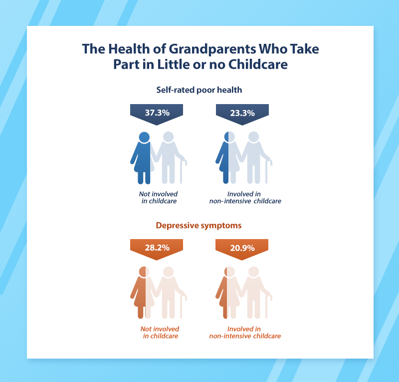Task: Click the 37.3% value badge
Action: (157, 114)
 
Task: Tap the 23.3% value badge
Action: (242, 114)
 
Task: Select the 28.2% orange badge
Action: (157, 249)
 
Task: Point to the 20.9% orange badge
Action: (242, 249)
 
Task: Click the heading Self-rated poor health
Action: (199, 90)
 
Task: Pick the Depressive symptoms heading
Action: (199, 226)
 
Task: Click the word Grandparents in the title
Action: (212, 49)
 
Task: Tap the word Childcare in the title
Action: (258, 64)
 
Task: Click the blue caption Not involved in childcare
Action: (159, 198)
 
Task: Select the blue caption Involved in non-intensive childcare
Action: (245, 198)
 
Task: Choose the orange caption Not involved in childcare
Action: (160, 332)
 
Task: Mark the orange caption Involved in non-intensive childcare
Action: (245, 332)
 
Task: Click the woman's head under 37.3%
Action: (144, 137)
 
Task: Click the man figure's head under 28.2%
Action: (168, 272)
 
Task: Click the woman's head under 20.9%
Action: (229, 272)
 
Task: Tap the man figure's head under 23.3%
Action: (253, 137)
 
